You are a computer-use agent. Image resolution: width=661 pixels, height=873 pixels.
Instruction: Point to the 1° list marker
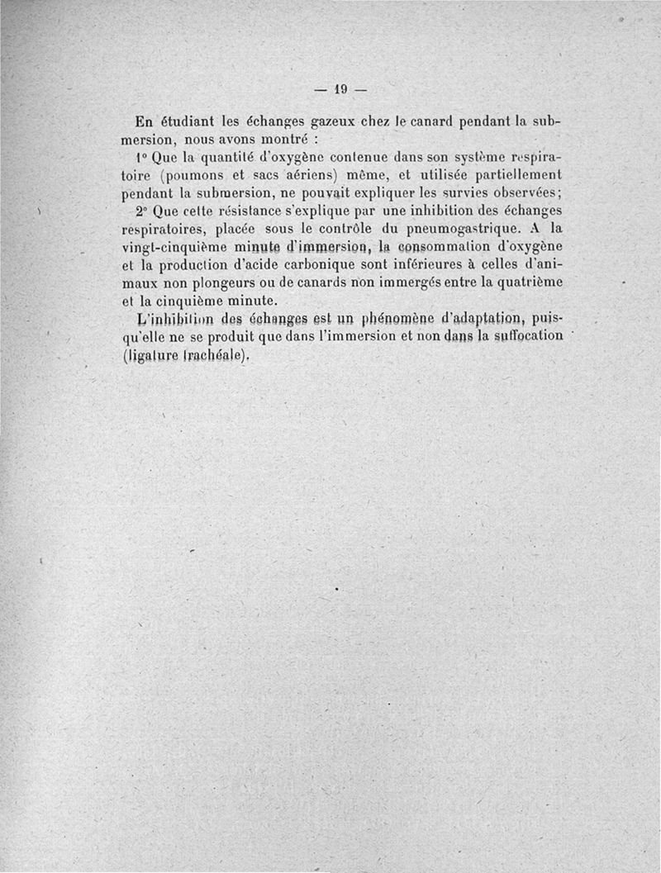138,157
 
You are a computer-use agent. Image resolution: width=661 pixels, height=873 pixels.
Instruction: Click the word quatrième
523,283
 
